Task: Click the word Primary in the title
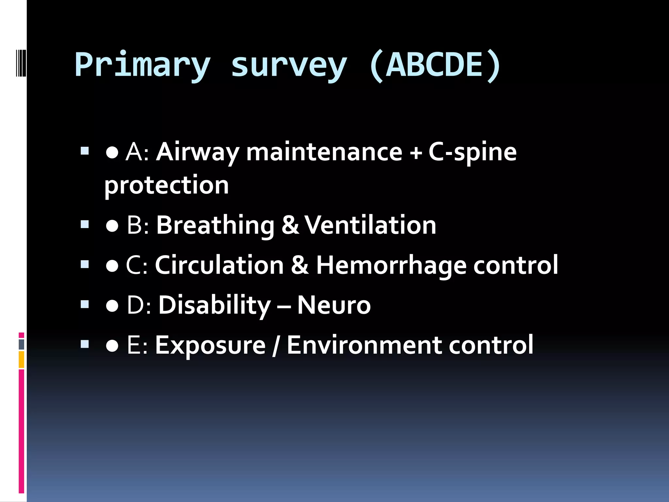pyautogui.click(x=142, y=65)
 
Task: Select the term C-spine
pyautogui.click(x=472, y=152)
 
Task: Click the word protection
pyautogui.click(x=167, y=185)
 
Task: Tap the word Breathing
pyautogui.click(x=215, y=225)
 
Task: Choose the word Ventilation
pyautogui.click(x=370, y=225)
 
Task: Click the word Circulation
pyautogui.click(x=219, y=265)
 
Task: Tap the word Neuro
pyautogui.click(x=334, y=305)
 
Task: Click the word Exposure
pyautogui.click(x=210, y=345)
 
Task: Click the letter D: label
pyautogui.click(x=139, y=305)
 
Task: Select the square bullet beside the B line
pyautogui.click(x=85, y=225)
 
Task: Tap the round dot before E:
pyautogui.click(x=112, y=346)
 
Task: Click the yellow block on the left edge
pyautogui.click(x=22, y=360)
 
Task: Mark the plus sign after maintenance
pyautogui.click(x=416, y=153)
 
